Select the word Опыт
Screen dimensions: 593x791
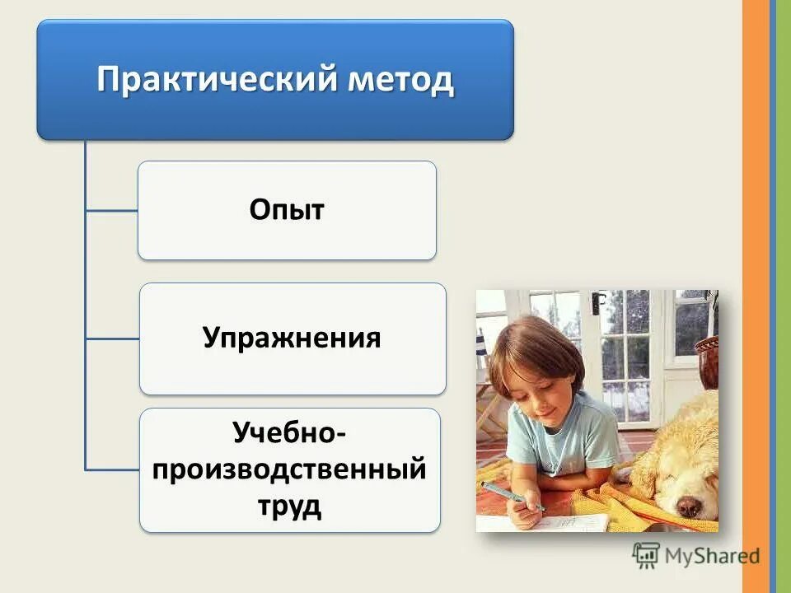click(x=287, y=210)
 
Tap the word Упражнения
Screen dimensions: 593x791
click(x=292, y=338)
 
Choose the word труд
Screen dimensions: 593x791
click(x=289, y=506)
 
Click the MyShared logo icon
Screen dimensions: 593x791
click(x=646, y=556)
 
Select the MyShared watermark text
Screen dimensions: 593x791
click(x=709, y=556)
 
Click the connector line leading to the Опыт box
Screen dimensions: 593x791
click(x=111, y=211)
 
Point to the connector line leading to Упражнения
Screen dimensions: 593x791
click(x=111, y=338)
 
